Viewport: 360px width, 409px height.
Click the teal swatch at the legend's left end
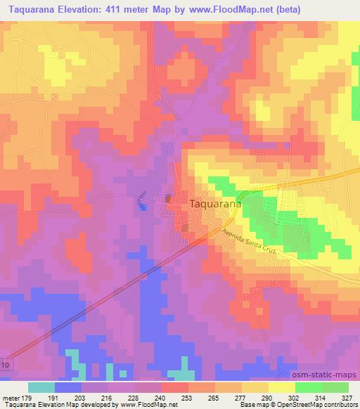coord(41,387)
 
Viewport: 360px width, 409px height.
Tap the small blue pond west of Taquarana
coord(142,200)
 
